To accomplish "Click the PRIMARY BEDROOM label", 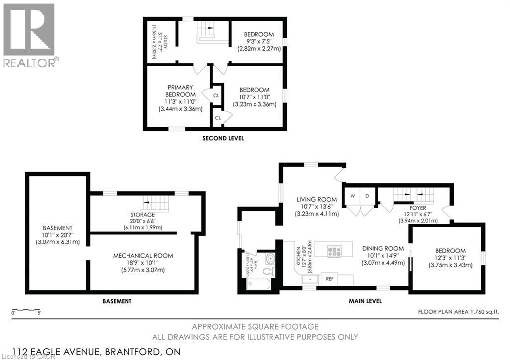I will (x=180, y=91).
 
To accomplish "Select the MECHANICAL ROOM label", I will (x=143, y=256).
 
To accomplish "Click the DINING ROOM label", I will (x=382, y=248).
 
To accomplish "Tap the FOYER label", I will (x=418, y=208).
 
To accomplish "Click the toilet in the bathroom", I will (x=268, y=271).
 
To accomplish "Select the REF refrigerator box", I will (x=330, y=279).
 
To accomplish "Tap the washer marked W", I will (x=352, y=195).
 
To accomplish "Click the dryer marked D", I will (x=366, y=195).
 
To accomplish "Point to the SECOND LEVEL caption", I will (x=223, y=138).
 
